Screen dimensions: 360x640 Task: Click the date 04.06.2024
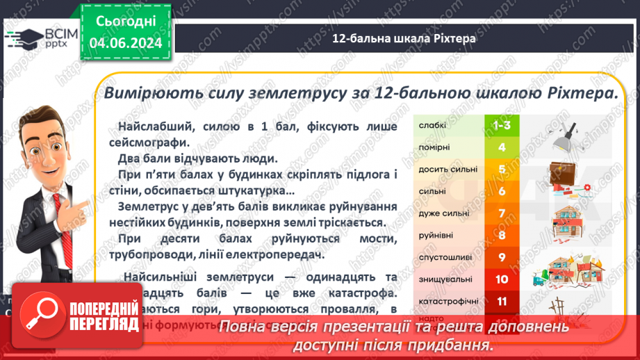(126, 44)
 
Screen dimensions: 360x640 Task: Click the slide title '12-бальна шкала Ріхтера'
(404, 38)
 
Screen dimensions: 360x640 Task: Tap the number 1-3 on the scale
(501, 125)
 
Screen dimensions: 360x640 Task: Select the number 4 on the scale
(501, 147)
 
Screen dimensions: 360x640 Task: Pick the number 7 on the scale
(501, 213)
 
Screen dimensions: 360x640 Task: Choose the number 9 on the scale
(501, 257)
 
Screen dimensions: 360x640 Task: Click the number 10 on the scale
(501, 279)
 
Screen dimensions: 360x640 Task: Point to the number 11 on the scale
(501, 301)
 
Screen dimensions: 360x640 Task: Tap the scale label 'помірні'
(434, 147)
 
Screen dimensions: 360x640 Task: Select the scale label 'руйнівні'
(436, 236)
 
